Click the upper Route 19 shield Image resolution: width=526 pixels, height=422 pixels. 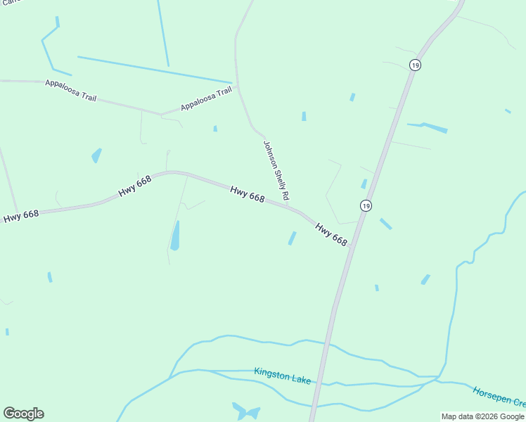[x=416, y=65]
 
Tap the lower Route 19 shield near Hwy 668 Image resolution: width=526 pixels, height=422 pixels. [x=365, y=205]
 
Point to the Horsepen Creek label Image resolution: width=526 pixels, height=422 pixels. [x=499, y=397]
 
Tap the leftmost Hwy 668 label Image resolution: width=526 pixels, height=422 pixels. [x=21, y=215]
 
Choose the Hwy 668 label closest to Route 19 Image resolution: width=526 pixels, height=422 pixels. [x=331, y=234]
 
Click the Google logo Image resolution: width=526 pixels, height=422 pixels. [x=23, y=414]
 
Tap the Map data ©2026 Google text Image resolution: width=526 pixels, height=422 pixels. [x=483, y=417]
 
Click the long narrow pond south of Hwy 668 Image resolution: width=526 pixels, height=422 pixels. [x=175, y=236]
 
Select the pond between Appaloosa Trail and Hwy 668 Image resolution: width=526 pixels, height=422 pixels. [x=96, y=155]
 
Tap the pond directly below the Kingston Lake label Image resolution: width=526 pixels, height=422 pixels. [x=246, y=411]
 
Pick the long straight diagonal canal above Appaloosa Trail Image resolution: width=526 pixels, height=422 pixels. [x=155, y=69]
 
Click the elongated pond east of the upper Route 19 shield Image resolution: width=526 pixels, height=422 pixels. [x=428, y=127]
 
